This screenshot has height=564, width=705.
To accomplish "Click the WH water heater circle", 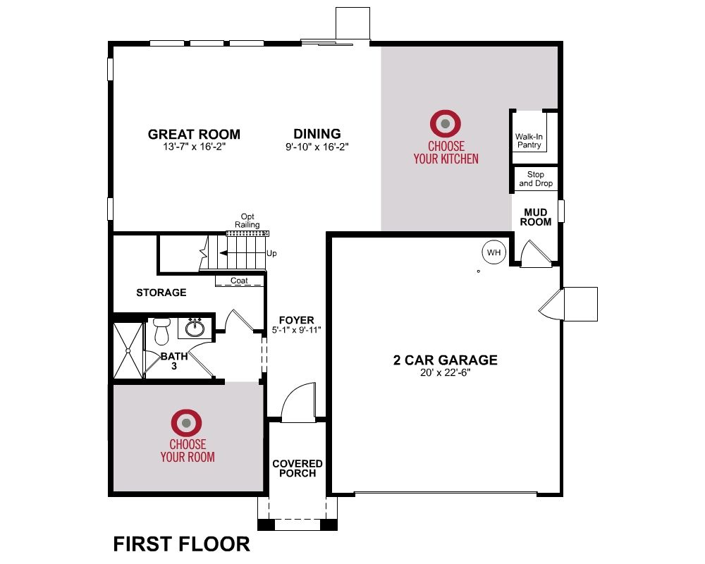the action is [493, 252].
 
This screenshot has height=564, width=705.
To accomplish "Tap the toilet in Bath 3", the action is [161, 331].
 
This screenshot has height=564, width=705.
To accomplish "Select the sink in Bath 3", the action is [195, 327].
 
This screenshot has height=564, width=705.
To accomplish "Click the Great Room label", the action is [194, 134].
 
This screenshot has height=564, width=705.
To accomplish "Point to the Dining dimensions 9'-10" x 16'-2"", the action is [317, 147].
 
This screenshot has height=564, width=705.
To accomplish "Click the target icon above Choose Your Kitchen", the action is [445, 123].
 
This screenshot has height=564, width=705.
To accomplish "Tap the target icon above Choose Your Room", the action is [186, 423].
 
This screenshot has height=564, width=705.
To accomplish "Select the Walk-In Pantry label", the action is [529, 141].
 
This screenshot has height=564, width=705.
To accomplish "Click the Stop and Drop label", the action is [536, 178].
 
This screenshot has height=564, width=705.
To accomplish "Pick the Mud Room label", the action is [536, 216].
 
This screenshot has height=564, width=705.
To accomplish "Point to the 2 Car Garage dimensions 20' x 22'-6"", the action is [445, 372].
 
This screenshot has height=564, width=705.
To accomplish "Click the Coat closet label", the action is [239, 280].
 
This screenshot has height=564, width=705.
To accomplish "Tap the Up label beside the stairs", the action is [271, 253].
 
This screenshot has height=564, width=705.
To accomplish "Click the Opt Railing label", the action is [247, 221].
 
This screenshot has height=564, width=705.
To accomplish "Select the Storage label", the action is [161, 293].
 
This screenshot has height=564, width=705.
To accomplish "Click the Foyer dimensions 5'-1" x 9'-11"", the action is [296, 330].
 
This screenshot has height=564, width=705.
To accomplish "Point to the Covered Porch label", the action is [298, 468].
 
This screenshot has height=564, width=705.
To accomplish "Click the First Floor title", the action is [181, 544].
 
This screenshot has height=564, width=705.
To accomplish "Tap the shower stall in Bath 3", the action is [128, 350].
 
